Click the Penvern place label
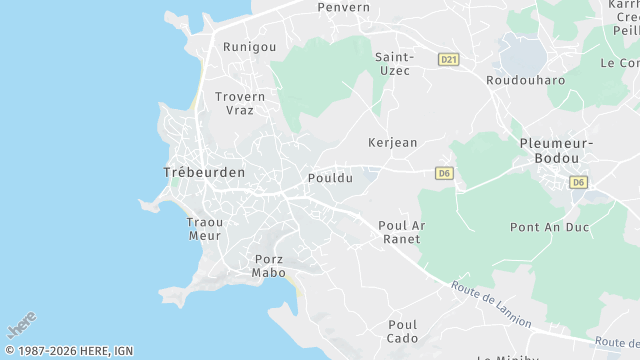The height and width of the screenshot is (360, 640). coord(343,7)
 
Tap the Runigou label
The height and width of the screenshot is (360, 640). coord(249,47)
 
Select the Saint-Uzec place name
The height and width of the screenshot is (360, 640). coord(395,64)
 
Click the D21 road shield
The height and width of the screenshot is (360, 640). coord(448,60)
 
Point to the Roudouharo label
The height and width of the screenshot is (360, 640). coord(525,80)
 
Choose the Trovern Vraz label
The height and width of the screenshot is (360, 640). coord(240,104)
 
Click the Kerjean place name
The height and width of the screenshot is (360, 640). coord(392,143)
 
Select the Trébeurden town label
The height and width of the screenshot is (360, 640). coord(204,173)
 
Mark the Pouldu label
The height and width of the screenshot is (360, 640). coord(331,178)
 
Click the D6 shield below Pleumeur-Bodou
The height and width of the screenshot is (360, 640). coord(578,182)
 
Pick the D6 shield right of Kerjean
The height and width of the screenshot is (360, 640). coord(445,173)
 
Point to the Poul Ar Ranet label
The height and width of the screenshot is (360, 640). coord(402,232)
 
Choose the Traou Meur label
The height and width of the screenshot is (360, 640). coord(205,228)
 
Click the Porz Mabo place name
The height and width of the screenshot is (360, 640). coord(269,265)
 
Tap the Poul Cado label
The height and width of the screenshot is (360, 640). coord(402,331)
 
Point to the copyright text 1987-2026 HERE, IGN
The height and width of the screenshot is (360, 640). coord(69,351)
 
